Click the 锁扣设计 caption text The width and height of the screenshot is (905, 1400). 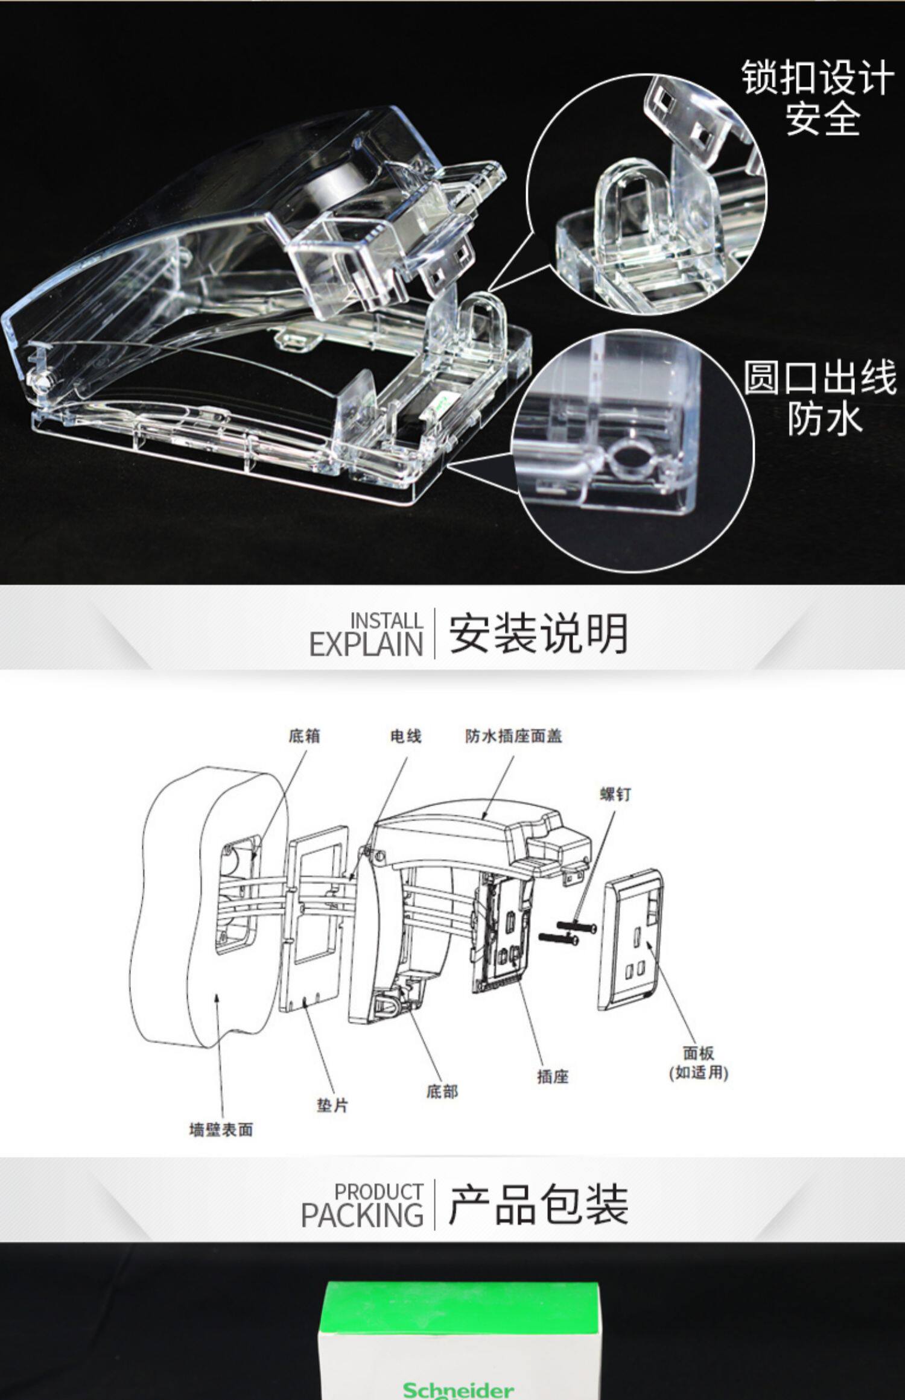pos(818,78)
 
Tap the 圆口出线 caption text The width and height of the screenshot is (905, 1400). pos(819,377)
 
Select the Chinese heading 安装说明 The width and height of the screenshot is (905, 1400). pos(538,634)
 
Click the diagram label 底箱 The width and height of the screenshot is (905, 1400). pos(304,736)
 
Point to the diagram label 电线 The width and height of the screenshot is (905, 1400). pos(405,736)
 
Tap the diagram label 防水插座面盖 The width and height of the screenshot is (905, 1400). pos(513,736)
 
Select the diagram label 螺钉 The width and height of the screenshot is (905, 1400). pos(615,795)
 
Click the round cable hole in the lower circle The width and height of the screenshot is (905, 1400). pos(627,456)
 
